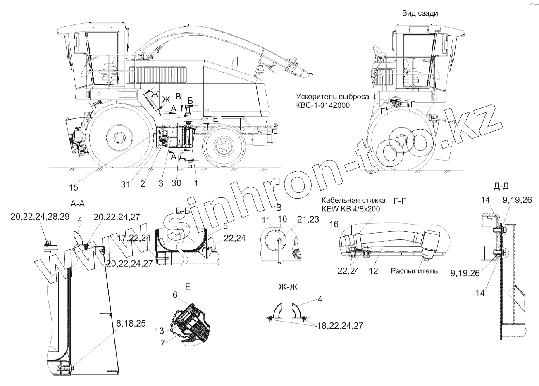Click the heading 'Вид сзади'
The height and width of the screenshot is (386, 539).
coord(420,13)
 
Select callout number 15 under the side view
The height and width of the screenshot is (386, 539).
coord(73,188)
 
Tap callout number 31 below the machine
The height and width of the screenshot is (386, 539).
coord(126,184)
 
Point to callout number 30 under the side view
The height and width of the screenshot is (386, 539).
coord(176,184)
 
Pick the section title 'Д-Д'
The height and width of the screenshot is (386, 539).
coord(501,187)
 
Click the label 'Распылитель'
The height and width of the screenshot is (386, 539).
coord(414,271)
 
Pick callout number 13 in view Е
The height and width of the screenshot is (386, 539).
coord(159,330)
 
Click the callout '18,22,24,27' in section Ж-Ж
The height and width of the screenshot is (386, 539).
coord(340,326)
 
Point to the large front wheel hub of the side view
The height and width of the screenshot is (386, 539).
coord(119,137)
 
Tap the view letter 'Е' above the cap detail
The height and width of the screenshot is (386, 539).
coord(188,286)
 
